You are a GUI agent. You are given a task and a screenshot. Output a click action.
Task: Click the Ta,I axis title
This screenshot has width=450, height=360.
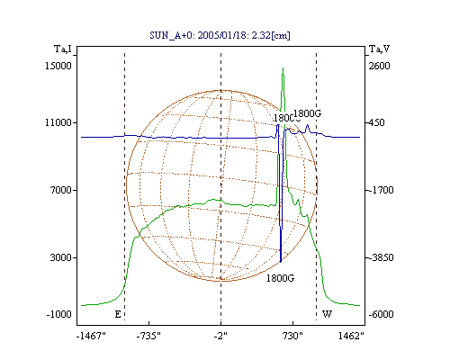point(63,49)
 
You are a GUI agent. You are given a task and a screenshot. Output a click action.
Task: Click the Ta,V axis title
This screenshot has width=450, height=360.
point(380,49)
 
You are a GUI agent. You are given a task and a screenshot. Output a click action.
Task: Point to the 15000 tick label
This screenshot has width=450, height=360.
point(58,66)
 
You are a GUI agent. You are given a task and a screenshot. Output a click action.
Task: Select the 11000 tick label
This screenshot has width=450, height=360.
point(58,122)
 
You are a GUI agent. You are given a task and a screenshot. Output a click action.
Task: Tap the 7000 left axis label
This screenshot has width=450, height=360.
point(61,190)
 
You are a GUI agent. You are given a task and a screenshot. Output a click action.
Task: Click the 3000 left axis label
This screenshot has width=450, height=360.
point(61,257)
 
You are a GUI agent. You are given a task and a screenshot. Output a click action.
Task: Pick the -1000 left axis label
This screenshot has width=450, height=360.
point(59,314)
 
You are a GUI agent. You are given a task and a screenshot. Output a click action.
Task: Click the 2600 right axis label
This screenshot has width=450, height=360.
point(380,66)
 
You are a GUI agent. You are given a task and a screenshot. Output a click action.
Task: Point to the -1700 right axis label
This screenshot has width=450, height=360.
point(381,190)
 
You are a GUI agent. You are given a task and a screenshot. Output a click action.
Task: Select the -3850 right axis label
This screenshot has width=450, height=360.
point(381,257)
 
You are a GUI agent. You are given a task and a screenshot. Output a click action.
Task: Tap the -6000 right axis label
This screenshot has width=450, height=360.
point(381,314)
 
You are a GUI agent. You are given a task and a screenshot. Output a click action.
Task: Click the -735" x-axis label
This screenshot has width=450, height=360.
point(148,336)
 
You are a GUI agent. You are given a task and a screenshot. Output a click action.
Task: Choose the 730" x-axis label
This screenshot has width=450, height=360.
point(292,336)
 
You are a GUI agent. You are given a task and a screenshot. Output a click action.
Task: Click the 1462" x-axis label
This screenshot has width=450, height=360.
point(351,336)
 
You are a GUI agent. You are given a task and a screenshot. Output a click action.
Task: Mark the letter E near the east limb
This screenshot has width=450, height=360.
point(118,314)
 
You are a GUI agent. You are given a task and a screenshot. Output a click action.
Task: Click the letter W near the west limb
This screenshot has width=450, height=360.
point(327,314)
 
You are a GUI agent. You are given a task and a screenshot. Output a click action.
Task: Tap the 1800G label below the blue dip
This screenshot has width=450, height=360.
point(280,278)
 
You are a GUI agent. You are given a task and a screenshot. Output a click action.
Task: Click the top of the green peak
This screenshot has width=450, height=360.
point(283,68)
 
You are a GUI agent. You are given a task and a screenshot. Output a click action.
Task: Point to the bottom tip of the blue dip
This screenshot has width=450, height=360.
point(281,262)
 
